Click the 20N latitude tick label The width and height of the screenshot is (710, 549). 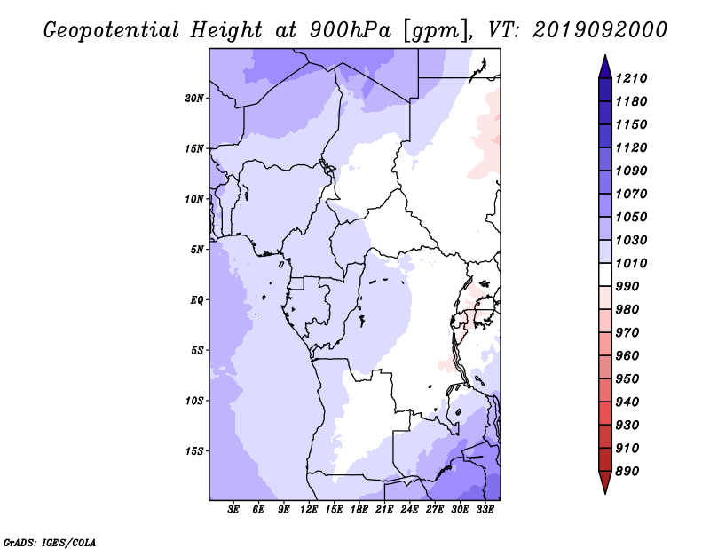(194, 99)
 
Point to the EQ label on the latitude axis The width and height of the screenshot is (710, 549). (197, 300)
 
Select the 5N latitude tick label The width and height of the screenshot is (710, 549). (197, 250)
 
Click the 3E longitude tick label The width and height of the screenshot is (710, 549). (233, 510)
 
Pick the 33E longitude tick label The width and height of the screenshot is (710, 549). (485, 510)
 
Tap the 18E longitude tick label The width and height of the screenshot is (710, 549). (359, 510)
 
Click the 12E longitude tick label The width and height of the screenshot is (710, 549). (309, 510)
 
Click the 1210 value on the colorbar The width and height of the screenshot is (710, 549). (631, 78)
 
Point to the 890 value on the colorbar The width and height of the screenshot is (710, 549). (627, 472)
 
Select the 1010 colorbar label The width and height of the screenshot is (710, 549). (631, 263)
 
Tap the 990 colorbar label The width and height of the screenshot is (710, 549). (627, 287)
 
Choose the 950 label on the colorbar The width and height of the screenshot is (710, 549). (627, 379)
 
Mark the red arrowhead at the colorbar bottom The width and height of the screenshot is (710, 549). (605, 481)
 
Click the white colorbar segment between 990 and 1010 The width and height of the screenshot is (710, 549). (605, 274)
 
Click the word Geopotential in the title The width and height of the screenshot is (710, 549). (112, 31)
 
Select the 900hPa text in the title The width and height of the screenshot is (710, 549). (350, 30)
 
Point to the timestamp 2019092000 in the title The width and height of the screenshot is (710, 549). (600, 30)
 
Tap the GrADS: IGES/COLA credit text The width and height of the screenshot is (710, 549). (50, 543)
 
